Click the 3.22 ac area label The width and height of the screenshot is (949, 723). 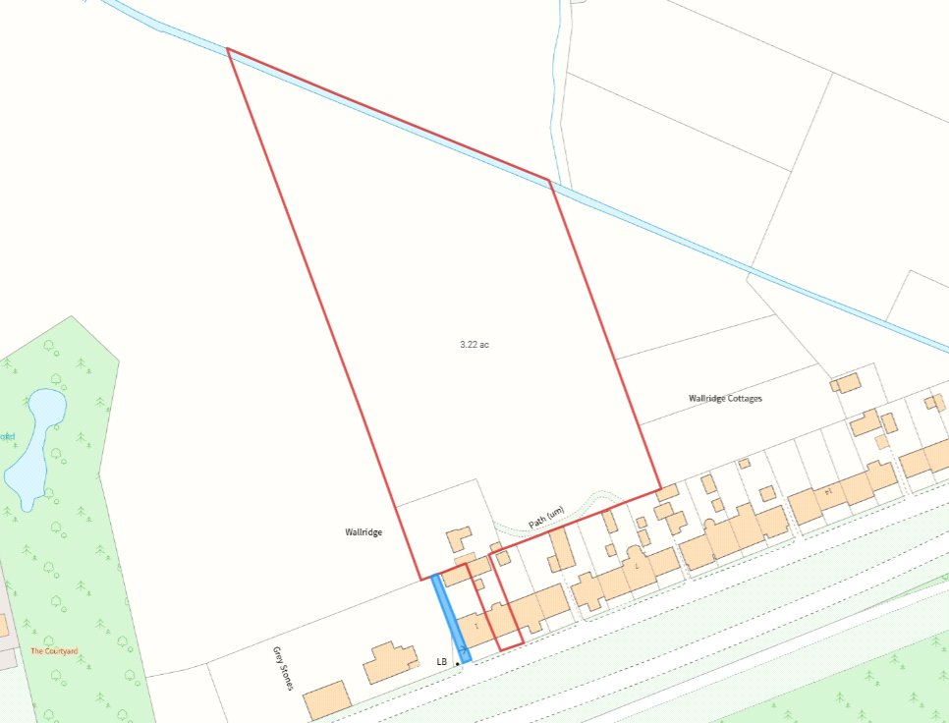[474, 345]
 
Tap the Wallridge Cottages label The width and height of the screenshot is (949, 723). [725, 399]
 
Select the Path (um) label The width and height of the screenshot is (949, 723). [546, 518]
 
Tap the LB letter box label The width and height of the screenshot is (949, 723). [442, 662]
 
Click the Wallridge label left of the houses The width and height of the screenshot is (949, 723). [363, 531]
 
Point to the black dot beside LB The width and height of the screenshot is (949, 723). [458, 663]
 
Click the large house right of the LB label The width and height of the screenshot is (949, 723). [391, 663]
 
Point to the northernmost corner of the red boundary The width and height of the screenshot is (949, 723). [227, 49]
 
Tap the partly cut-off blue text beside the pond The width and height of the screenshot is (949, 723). [7, 436]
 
